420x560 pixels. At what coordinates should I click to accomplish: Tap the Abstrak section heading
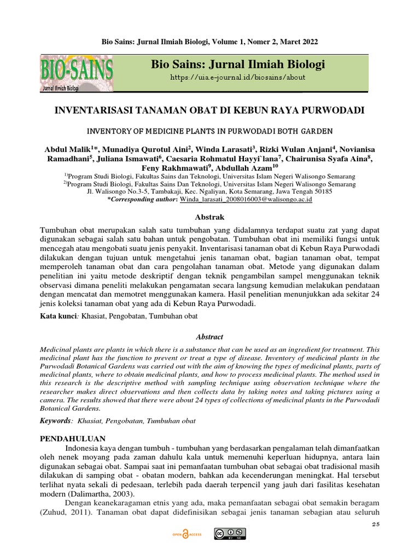(210, 217)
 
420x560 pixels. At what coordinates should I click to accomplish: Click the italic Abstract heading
(210, 337)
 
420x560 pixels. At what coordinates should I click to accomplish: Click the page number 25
(375, 524)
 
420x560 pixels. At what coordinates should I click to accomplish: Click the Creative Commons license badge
(230, 534)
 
